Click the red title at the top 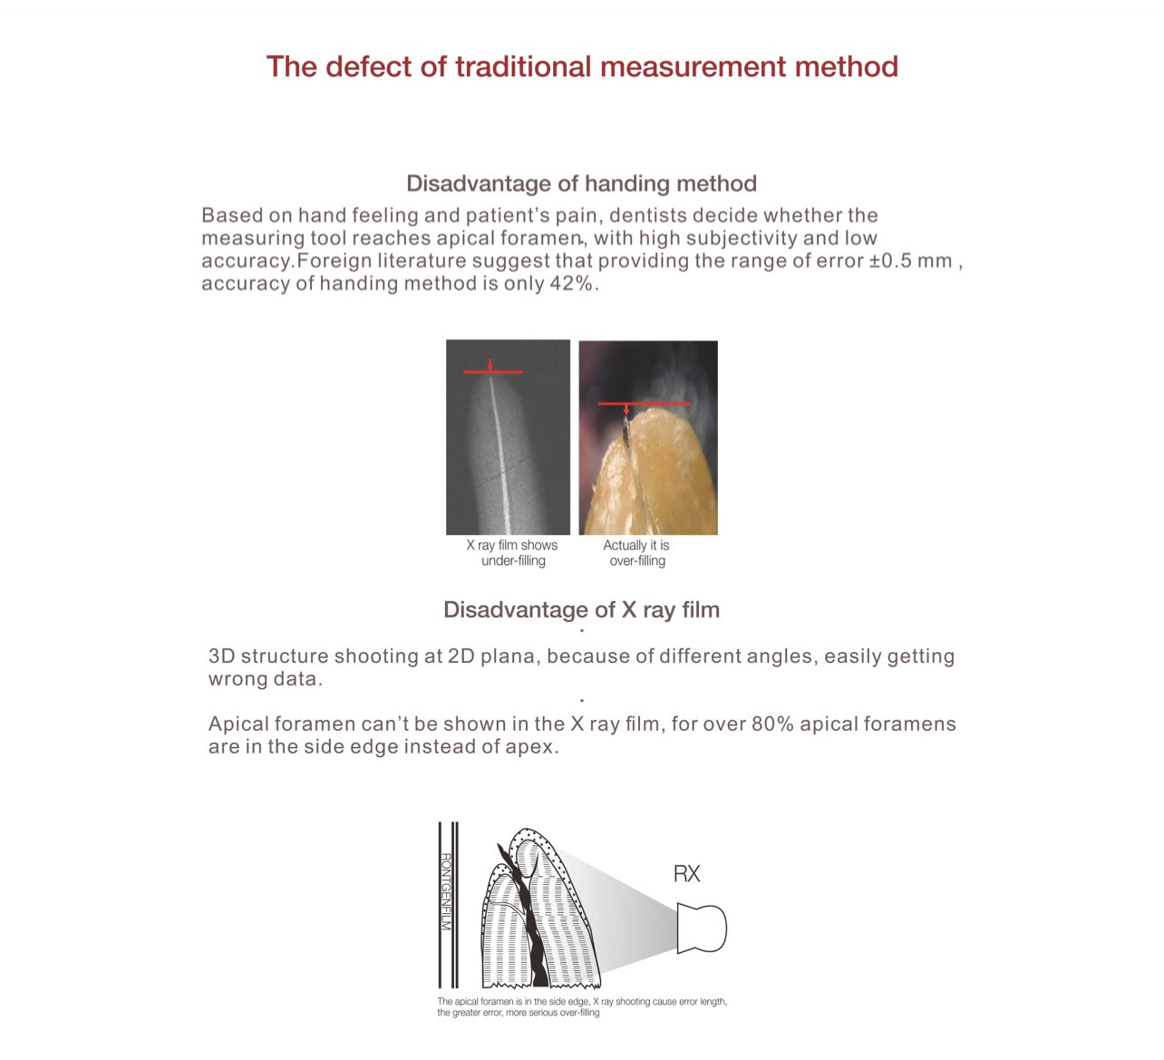581,67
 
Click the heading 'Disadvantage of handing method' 581,184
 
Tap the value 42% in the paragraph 572,284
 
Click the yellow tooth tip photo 648,472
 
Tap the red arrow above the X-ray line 490,365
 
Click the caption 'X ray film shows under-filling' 512,553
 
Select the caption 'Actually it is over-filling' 636,553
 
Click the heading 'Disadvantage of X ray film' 581,610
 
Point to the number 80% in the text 772,724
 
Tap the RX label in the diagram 686,874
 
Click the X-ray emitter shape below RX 702,928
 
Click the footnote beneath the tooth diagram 581,1007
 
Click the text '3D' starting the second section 222,656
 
